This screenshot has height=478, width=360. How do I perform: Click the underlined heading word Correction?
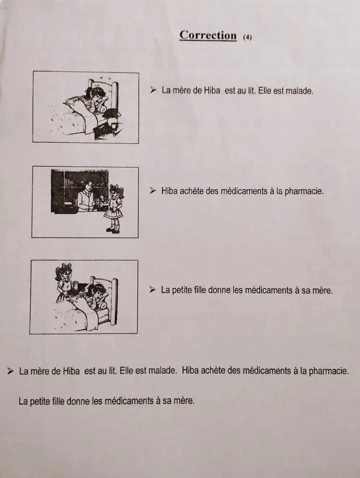pyautogui.click(x=208, y=35)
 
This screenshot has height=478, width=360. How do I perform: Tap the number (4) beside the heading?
pyautogui.click(x=247, y=37)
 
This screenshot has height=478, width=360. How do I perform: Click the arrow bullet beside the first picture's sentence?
pyautogui.click(x=153, y=90)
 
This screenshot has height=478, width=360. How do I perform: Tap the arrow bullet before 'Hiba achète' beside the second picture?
pyautogui.click(x=152, y=191)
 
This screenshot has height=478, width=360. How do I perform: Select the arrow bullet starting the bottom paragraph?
pyautogui.click(x=10, y=370)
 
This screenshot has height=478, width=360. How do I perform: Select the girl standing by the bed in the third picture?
pyautogui.click(x=64, y=282)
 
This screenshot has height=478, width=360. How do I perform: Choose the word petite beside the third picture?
pyautogui.click(x=181, y=290)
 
